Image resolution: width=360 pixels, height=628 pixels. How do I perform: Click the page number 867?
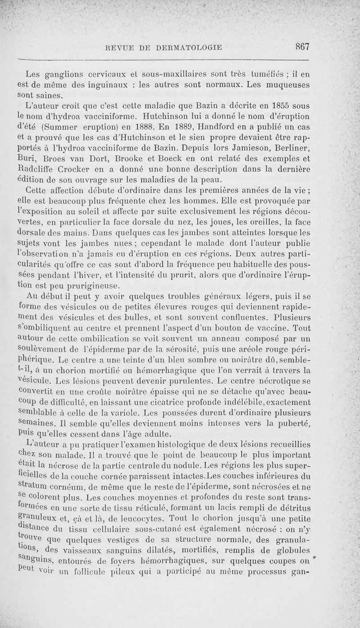(x=299, y=46)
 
